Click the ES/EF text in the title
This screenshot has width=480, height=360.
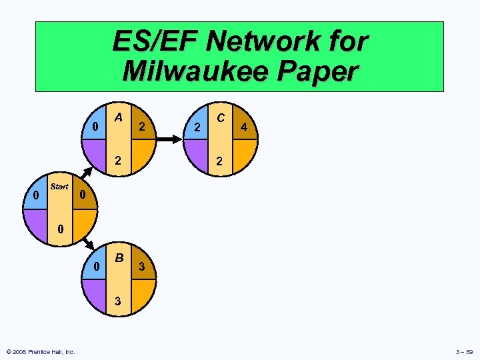(x=155, y=41)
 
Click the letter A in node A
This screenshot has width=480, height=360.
(x=118, y=117)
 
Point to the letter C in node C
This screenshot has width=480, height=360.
(x=220, y=117)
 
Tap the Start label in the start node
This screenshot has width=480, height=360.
(x=59, y=187)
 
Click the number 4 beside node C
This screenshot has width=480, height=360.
(x=245, y=127)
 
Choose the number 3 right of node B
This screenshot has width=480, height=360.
(x=141, y=267)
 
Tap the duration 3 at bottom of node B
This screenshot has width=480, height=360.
(x=118, y=301)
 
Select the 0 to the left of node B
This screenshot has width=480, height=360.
(x=96, y=267)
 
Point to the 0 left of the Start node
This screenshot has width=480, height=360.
(x=35, y=195)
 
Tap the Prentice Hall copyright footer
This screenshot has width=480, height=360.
(x=40, y=351)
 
